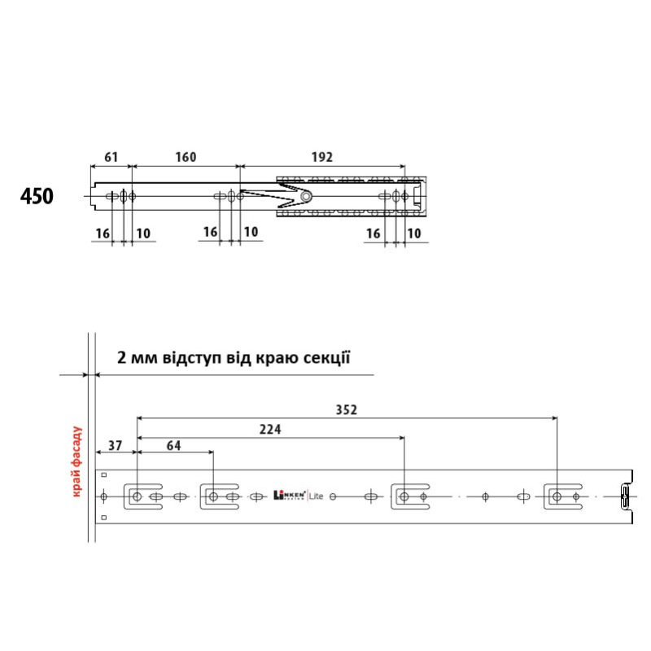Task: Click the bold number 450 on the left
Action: point(37,196)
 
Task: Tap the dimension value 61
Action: point(111,157)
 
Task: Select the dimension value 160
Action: point(186,157)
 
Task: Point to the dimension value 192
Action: point(322,157)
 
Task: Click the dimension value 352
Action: point(347,410)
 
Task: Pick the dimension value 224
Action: point(270,430)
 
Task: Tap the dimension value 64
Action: point(173,446)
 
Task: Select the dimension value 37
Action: point(116,446)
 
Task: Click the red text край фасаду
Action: point(76,461)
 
